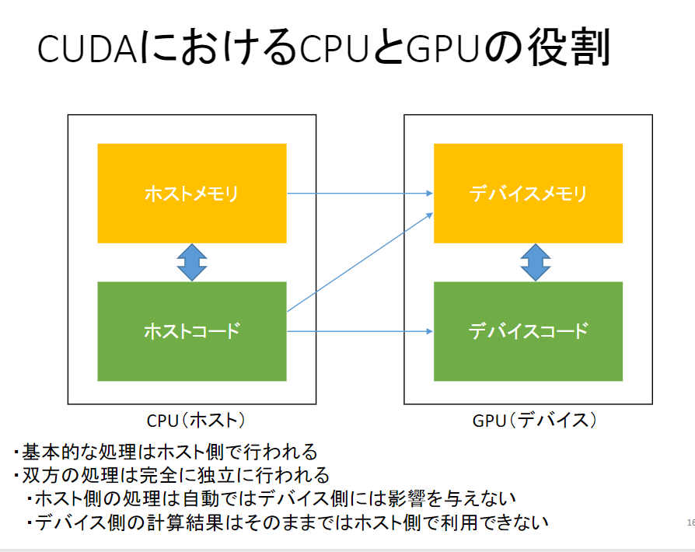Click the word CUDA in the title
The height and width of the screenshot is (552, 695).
click(87, 48)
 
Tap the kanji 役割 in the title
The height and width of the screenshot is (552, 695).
click(569, 47)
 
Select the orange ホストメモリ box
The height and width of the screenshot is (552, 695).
click(192, 194)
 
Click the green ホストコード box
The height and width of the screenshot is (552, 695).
click(192, 331)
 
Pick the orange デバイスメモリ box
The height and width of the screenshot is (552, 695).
click(528, 194)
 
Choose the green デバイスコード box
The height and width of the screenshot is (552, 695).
click(528, 331)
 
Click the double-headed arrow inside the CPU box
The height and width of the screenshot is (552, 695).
click(192, 263)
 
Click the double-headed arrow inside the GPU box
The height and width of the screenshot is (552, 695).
click(536, 263)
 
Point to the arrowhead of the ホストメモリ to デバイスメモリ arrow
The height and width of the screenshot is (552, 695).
click(429, 194)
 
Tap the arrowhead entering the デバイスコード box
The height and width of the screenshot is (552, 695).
click(429, 331)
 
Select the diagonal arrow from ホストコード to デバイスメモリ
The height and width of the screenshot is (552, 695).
click(360, 262)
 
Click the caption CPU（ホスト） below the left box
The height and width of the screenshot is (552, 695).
click(196, 421)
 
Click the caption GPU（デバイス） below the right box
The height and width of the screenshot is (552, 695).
click(535, 421)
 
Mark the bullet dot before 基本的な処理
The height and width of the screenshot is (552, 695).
click(16, 452)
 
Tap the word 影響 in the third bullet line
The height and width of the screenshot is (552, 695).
click(407, 499)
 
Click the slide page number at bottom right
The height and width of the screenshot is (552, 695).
click(691, 522)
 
